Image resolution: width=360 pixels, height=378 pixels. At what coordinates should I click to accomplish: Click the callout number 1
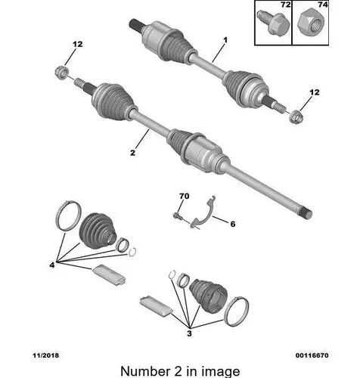tap(225, 40)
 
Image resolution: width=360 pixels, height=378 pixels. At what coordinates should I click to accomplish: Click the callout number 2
tap(133, 153)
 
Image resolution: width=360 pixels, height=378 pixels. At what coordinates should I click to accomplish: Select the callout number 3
tap(189, 333)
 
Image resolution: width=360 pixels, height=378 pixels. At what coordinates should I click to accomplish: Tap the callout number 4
tap(52, 265)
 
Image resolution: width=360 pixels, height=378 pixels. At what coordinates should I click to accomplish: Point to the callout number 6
tap(233, 224)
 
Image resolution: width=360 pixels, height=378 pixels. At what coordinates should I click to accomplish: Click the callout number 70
tap(185, 196)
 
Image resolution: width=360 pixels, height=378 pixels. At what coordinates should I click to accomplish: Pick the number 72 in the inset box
tap(285, 5)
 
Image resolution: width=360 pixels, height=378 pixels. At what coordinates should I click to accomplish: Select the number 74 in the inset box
tap(323, 5)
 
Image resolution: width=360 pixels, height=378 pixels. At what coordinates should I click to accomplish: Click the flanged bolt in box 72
tap(273, 22)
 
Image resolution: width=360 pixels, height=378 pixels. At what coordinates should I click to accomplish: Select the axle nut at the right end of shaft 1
tap(296, 117)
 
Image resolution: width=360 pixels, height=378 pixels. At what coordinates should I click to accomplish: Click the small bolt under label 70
tap(177, 216)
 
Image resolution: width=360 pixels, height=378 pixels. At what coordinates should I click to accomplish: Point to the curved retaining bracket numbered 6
tap(204, 213)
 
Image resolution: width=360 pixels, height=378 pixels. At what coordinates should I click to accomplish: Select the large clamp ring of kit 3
tap(236, 311)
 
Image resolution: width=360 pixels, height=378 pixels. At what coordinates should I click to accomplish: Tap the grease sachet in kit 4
tap(109, 275)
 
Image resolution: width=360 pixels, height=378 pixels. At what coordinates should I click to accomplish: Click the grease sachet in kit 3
tap(157, 305)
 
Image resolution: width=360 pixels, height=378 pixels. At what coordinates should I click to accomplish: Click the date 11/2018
tap(45, 355)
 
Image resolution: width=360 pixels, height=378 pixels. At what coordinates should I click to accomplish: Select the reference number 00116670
tap(312, 355)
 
